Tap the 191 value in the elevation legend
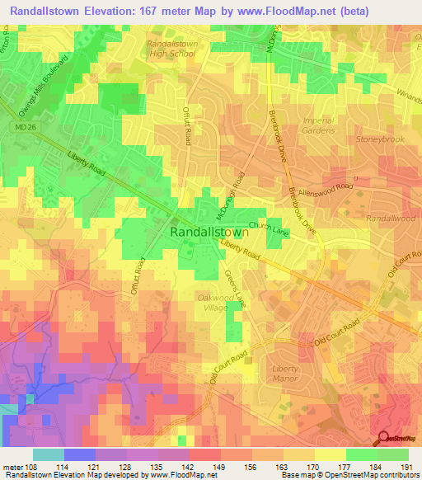coord(406,468)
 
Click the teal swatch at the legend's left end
coord(48,454)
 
